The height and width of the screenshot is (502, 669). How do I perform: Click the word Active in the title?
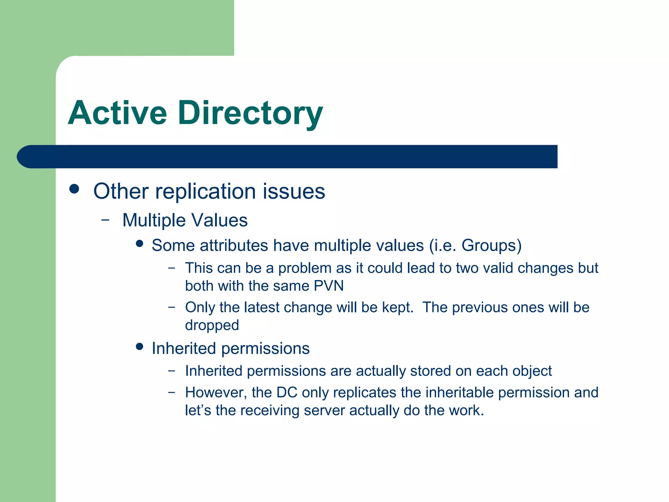click(118, 113)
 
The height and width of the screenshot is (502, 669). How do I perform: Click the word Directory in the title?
click(250, 113)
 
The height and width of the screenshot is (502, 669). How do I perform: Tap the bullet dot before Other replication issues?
click(74, 189)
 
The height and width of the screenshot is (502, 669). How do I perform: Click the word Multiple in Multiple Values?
click(154, 220)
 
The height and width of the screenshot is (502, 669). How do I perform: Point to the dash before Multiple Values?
click(105, 220)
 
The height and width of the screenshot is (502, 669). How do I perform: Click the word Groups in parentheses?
click(489, 245)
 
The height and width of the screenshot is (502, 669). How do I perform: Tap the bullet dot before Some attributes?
click(140, 243)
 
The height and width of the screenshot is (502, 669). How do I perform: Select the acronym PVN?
click(329, 286)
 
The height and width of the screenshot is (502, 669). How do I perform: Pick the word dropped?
click(212, 325)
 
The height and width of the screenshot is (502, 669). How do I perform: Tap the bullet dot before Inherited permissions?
click(140, 346)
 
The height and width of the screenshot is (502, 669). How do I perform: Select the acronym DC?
click(287, 393)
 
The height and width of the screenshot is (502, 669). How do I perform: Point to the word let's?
click(198, 410)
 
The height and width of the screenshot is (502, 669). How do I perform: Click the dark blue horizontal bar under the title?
click(294, 157)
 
